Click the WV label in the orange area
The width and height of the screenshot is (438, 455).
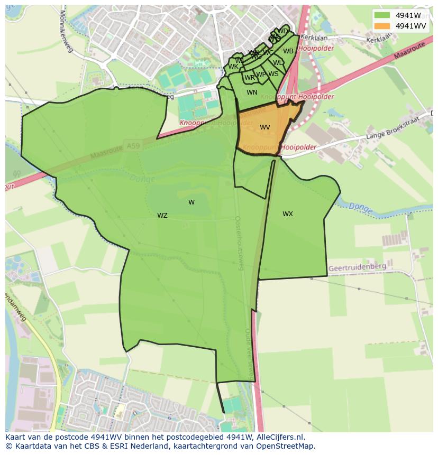(265, 127)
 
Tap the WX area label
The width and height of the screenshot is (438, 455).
(287, 214)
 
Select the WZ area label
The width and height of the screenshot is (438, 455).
(162, 216)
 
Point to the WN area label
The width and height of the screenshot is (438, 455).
(252, 92)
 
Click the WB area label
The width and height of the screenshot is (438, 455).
(288, 51)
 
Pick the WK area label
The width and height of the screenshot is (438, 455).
(233, 67)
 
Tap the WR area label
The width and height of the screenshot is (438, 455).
(250, 78)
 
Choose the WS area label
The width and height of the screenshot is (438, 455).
(273, 74)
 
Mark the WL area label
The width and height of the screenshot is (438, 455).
(278, 63)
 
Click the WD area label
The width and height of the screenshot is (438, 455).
(283, 31)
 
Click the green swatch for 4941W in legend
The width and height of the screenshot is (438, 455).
(382, 15)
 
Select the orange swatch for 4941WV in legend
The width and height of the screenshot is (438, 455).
(382, 26)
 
